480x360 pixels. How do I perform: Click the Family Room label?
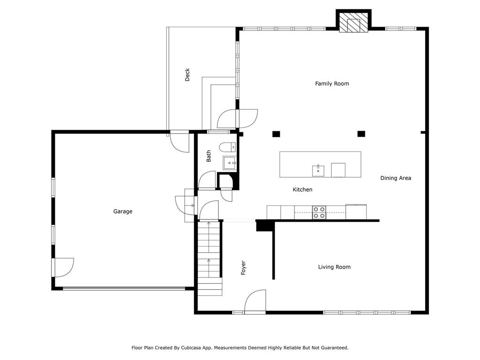(x=332, y=83)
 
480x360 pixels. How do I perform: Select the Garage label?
(x=123, y=211)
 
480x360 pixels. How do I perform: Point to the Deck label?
(x=187, y=75)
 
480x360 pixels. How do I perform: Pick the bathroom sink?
(x=230, y=163)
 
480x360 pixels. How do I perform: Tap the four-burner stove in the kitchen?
(x=319, y=212)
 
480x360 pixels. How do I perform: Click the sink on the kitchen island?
(x=318, y=170)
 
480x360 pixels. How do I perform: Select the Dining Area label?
(x=396, y=178)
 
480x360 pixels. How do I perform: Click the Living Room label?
(x=334, y=267)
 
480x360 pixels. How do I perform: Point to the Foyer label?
(x=243, y=268)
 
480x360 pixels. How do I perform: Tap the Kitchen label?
(x=302, y=189)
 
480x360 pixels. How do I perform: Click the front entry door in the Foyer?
(x=255, y=302)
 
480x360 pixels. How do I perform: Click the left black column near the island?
(x=276, y=134)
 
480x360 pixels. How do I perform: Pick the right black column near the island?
(x=361, y=134)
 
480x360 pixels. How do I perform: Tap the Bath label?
(x=209, y=156)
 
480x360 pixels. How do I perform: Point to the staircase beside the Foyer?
(x=210, y=258)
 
